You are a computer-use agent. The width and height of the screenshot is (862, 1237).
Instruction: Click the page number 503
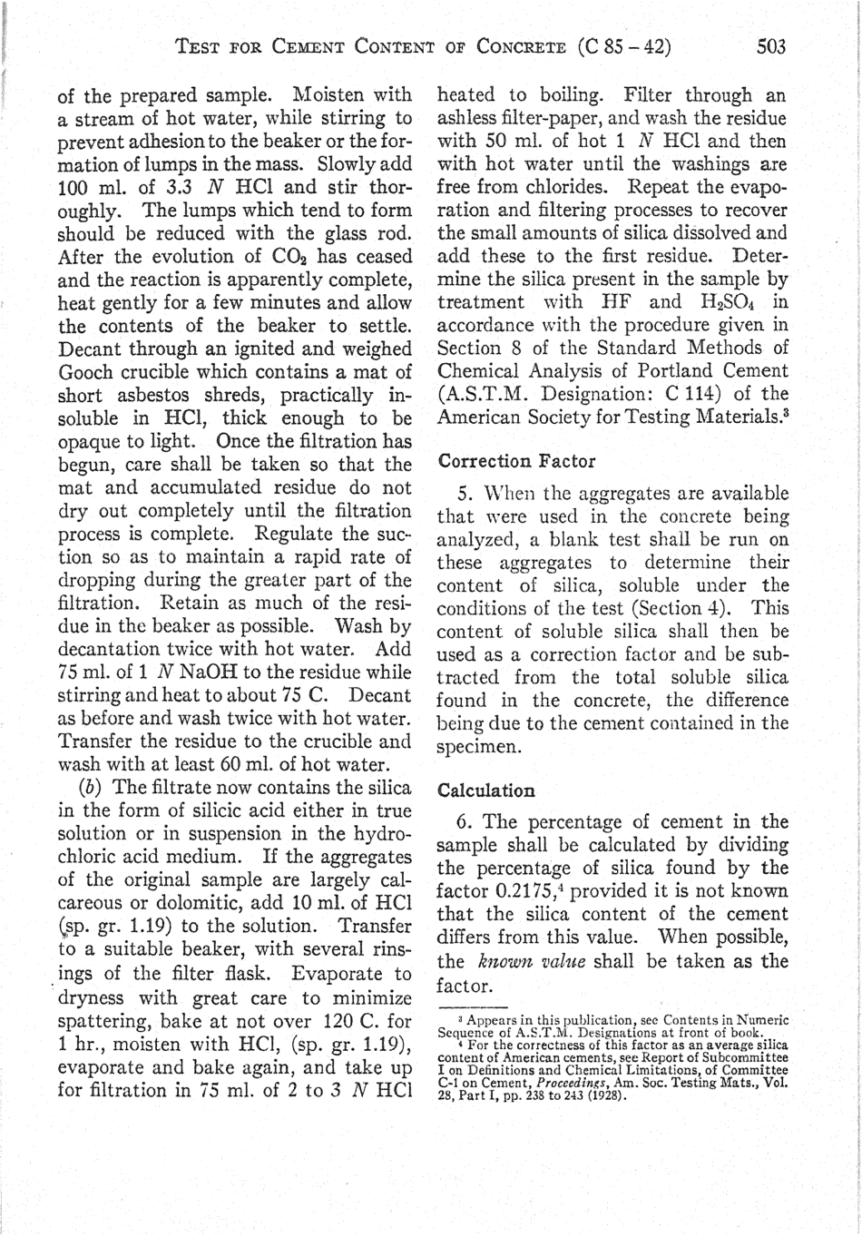click(771, 45)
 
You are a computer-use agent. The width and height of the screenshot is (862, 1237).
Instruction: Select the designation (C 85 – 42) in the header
click(623, 45)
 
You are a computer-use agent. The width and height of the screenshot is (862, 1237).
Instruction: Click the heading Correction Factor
click(516, 461)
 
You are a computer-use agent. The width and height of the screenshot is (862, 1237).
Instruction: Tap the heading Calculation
click(486, 790)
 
